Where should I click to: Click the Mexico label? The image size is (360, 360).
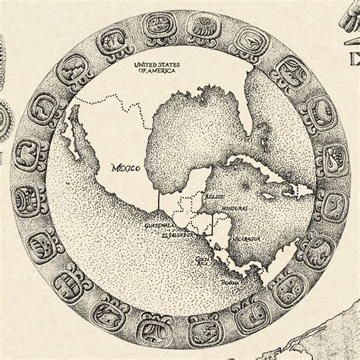pos(125,168)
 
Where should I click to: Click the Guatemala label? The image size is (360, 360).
pos(159,226)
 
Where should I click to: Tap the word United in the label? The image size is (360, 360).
pos(145,65)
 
